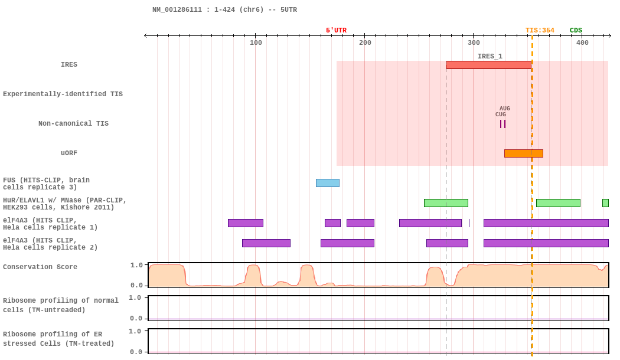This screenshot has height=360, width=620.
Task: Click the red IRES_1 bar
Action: point(488,65)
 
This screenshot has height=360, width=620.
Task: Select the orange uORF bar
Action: point(524,153)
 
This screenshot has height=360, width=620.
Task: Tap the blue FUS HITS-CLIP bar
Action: point(327,183)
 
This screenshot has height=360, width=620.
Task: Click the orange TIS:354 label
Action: point(540,31)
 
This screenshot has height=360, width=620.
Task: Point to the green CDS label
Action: point(576,31)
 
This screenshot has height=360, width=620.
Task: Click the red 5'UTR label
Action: point(336,31)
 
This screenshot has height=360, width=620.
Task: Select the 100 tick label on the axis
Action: point(256,42)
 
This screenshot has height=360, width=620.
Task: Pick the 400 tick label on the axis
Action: point(582,42)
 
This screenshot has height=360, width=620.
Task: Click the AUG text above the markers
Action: point(504,108)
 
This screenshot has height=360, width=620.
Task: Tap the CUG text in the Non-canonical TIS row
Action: point(501,114)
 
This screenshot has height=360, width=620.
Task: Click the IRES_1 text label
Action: point(490,56)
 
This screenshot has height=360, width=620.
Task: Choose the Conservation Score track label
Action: point(40,267)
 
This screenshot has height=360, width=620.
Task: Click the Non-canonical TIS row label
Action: point(73,123)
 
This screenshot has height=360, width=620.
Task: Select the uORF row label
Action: point(69,153)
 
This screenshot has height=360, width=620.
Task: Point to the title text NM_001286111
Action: point(177,9)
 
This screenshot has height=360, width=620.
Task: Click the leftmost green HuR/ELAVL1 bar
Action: point(446,203)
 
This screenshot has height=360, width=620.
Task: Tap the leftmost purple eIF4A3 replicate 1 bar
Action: point(246,223)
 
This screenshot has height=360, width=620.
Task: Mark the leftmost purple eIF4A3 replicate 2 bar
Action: point(266,243)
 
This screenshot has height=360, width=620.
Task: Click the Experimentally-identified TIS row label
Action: point(63,94)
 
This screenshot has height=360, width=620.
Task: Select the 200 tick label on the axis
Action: point(365,42)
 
